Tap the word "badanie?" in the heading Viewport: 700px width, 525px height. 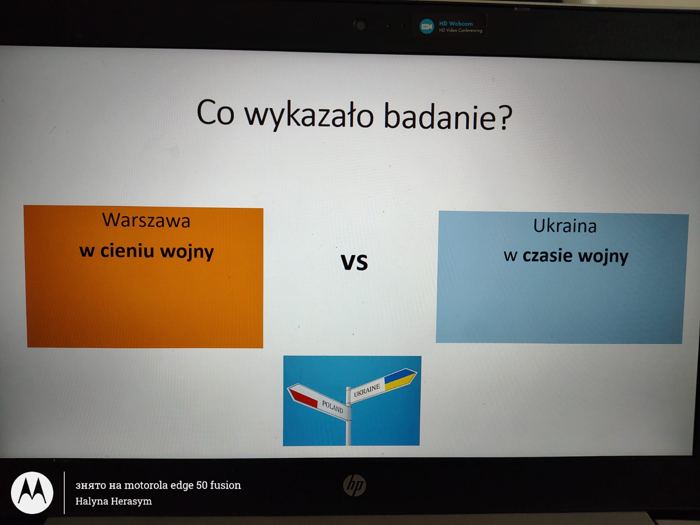(x=448, y=117)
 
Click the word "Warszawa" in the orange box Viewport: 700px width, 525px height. (x=146, y=220)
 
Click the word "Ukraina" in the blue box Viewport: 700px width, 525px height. (x=565, y=226)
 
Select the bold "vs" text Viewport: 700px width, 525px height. (x=354, y=262)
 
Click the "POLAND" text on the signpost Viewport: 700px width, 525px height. (x=332, y=406)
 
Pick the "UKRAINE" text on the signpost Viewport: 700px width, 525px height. (x=367, y=391)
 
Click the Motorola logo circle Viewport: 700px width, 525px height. (x=32, y=493)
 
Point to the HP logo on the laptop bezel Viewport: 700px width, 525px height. (x=354, y=485)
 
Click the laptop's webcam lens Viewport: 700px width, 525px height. (x=360, y=25)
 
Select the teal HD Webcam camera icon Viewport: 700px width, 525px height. (x=427, y=26)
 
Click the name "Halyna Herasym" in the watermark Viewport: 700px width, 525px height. (x=113, y=501)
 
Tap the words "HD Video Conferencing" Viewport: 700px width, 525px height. (x=461, y=31)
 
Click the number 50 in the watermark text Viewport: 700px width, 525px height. (x=202, y=485)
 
